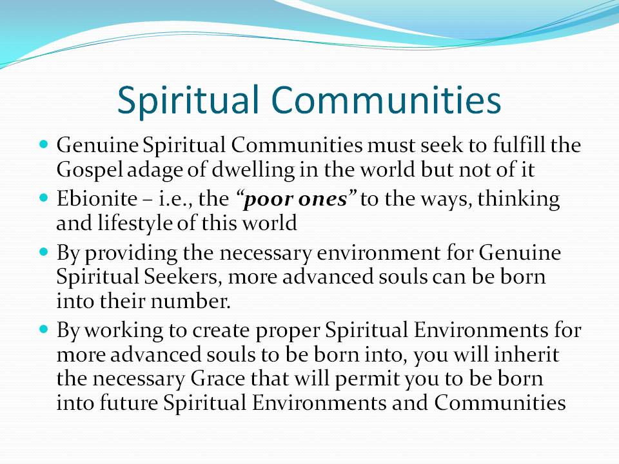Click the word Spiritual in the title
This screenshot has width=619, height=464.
click(188, 101)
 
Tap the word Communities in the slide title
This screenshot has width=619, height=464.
click(386, 99)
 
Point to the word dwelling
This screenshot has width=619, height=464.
click(253, 170)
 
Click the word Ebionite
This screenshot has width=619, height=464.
click(97, 198)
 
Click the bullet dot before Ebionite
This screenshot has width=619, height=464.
click(44, 197)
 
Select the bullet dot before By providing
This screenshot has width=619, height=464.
click(44, 251)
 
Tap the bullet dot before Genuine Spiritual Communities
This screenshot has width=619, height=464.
click(44, 144)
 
